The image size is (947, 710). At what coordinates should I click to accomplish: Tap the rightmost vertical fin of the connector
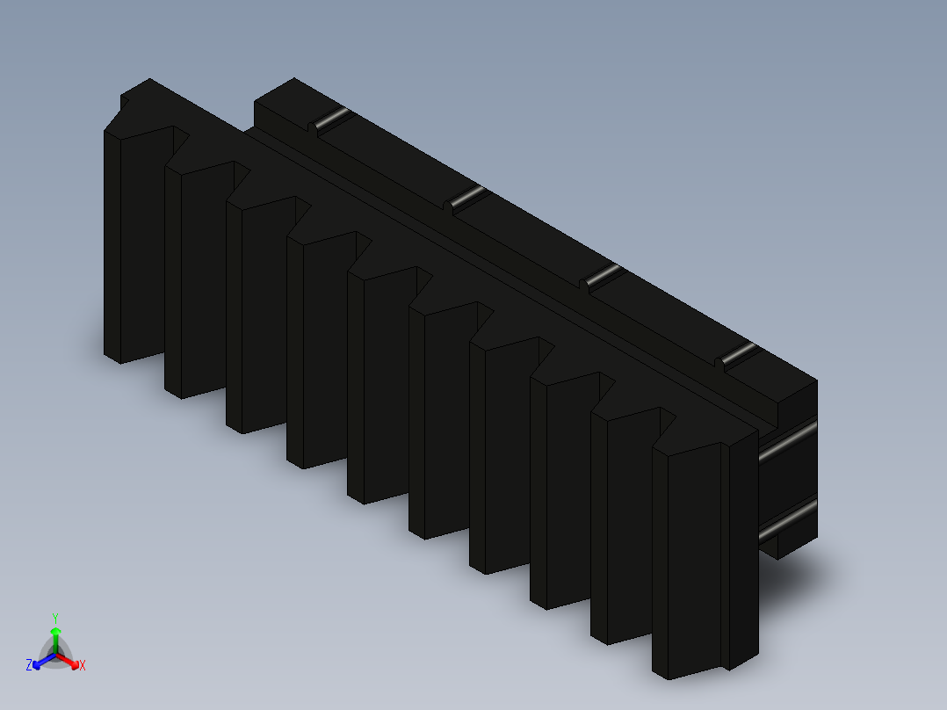pos(694,562)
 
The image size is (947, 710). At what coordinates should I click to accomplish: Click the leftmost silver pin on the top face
pos(332,119)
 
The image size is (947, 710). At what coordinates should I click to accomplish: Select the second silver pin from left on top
pos(468,197)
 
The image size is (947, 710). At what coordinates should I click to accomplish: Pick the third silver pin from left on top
pos(604,275)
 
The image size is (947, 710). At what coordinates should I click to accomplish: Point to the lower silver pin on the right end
pos(788,519)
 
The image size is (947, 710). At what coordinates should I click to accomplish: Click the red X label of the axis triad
pos(83,666)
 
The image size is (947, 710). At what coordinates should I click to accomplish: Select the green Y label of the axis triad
pos(54,618)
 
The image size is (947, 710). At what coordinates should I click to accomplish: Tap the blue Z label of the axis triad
pos(29,666)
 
